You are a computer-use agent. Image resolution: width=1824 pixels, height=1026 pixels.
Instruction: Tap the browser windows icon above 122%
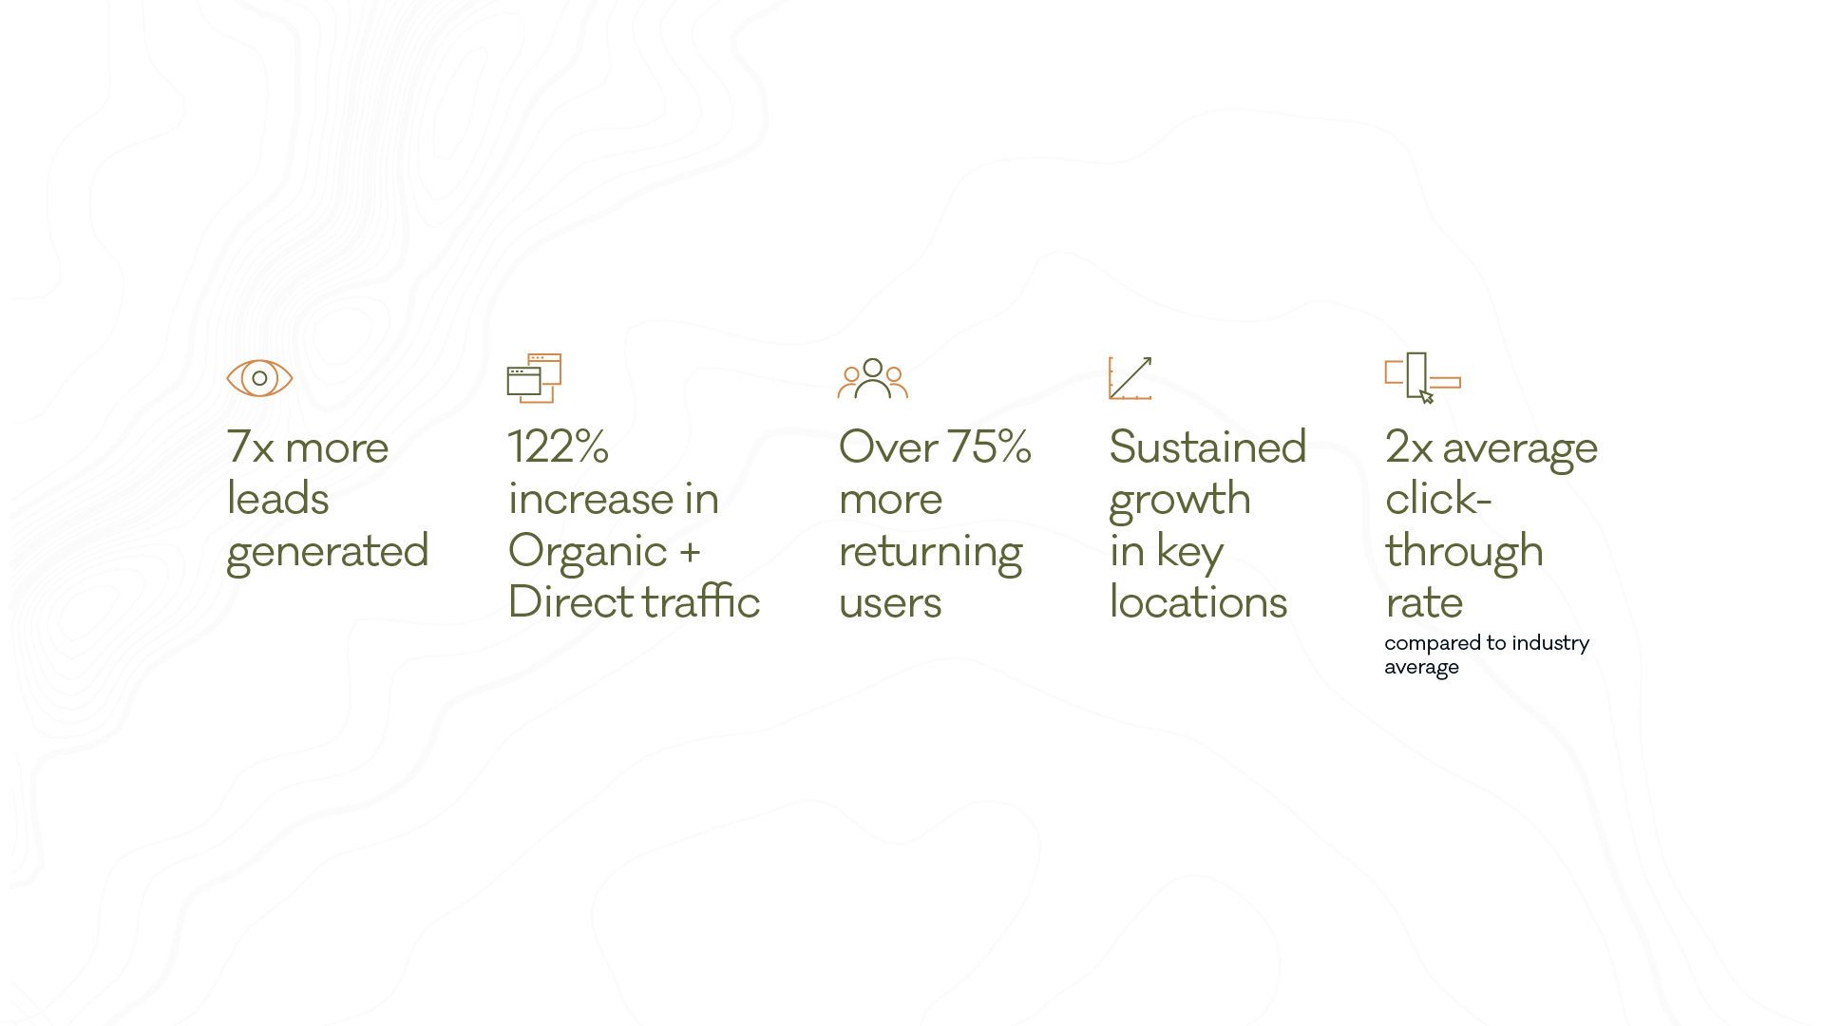pos(534,378)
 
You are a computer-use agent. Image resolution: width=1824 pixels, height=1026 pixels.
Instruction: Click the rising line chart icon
pos(1130,378)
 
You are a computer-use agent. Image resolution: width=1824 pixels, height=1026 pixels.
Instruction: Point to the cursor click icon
pos(1422,378)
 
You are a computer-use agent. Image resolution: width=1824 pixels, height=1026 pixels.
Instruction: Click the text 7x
pos(250,447)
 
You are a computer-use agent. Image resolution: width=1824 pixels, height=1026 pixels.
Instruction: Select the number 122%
pos(559,446)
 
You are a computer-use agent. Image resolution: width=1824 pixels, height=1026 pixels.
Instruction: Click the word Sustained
pos(1207,446)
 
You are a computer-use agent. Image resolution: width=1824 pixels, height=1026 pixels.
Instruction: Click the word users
pos(890,603)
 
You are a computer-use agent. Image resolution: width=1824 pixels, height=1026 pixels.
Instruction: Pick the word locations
pos(1198,601)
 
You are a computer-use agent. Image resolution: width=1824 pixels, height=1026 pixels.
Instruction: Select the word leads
pos(277,499)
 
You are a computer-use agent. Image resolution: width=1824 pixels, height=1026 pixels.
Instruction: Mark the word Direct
pos(570,601)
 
